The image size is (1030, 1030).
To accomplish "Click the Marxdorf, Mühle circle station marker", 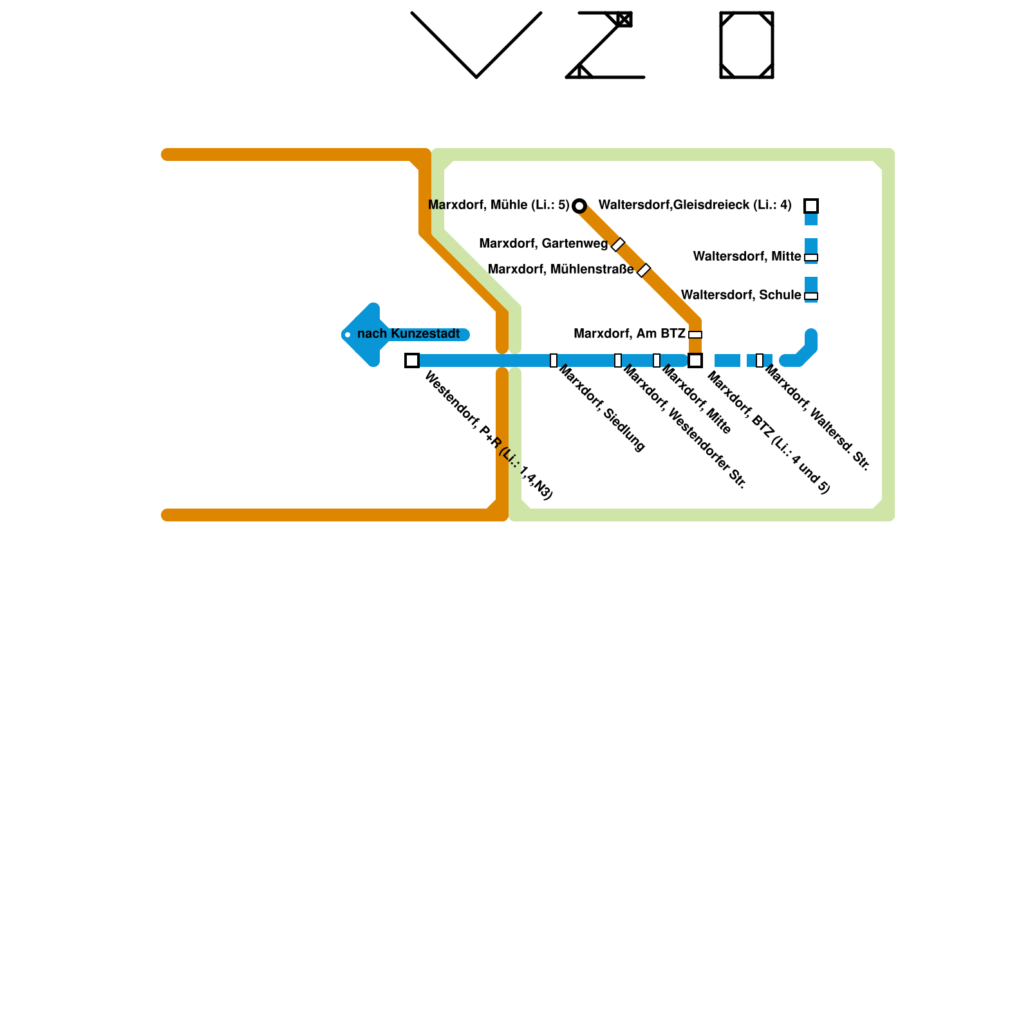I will point(579,206).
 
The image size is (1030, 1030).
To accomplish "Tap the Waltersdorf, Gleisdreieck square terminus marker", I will point(811,206).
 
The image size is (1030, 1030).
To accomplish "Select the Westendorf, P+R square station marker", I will point(412,360).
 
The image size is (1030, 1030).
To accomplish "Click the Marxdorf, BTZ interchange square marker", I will point(695,360).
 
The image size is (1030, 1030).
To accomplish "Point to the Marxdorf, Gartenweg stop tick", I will point(618,245).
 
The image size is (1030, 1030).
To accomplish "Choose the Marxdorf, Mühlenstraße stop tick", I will point(644,270).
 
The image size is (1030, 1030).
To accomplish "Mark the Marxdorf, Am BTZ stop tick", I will point(695,335).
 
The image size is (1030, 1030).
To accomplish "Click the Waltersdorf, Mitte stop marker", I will point(811,257).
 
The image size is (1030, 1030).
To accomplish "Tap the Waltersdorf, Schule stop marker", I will point(811,296).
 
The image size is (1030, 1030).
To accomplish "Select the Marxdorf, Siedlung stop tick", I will point(554,360).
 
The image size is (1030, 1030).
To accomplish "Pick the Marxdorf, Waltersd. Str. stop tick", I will point(760,360).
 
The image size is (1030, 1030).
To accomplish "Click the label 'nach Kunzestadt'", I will point(408,334).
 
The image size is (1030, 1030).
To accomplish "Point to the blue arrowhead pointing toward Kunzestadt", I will point(360,335).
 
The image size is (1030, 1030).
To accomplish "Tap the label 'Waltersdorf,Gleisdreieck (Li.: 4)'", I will point(695,205).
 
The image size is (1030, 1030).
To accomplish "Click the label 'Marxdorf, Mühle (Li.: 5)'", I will point(498,205).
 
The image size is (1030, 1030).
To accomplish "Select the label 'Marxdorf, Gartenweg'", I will point(543,244).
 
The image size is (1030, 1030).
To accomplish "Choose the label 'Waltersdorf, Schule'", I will point(741,295).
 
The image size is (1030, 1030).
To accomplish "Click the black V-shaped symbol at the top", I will point(476,45).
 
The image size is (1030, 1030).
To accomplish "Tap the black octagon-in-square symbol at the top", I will point(747,45).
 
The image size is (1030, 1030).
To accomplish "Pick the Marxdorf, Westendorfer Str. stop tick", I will point(618,360).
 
